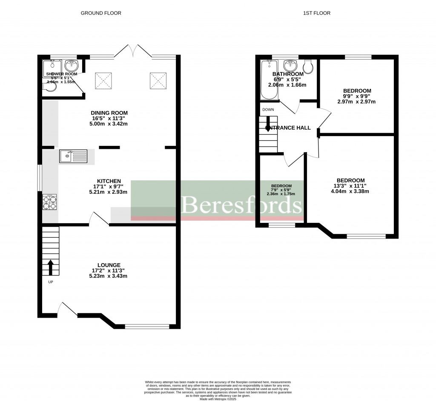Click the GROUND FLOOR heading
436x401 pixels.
pyautogui.click(x=101, y=13)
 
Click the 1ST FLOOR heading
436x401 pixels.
pyautogui.click(x=316, y=13)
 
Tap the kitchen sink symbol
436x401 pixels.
pyautogui.click(x=73, y=156)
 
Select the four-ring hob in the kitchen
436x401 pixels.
pyautogui.click(x=50, y=202)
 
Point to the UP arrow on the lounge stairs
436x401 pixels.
pyautogui.click(x=51, y=268)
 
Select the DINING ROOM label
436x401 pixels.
pyautogui.click(x=109, y=113)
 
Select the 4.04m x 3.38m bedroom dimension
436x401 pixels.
pyautogui.click(x=350, y=191)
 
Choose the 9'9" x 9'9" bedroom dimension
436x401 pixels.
pyautogui.click(x=357, y=96)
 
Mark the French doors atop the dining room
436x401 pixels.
pyautogui.click(x=133, y=51)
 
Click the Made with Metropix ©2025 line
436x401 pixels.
pyautogui.click(x=217, y=398)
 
